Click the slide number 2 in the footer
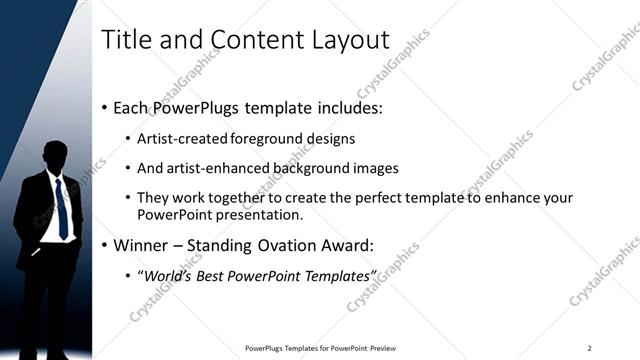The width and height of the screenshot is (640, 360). click(590, 348)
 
